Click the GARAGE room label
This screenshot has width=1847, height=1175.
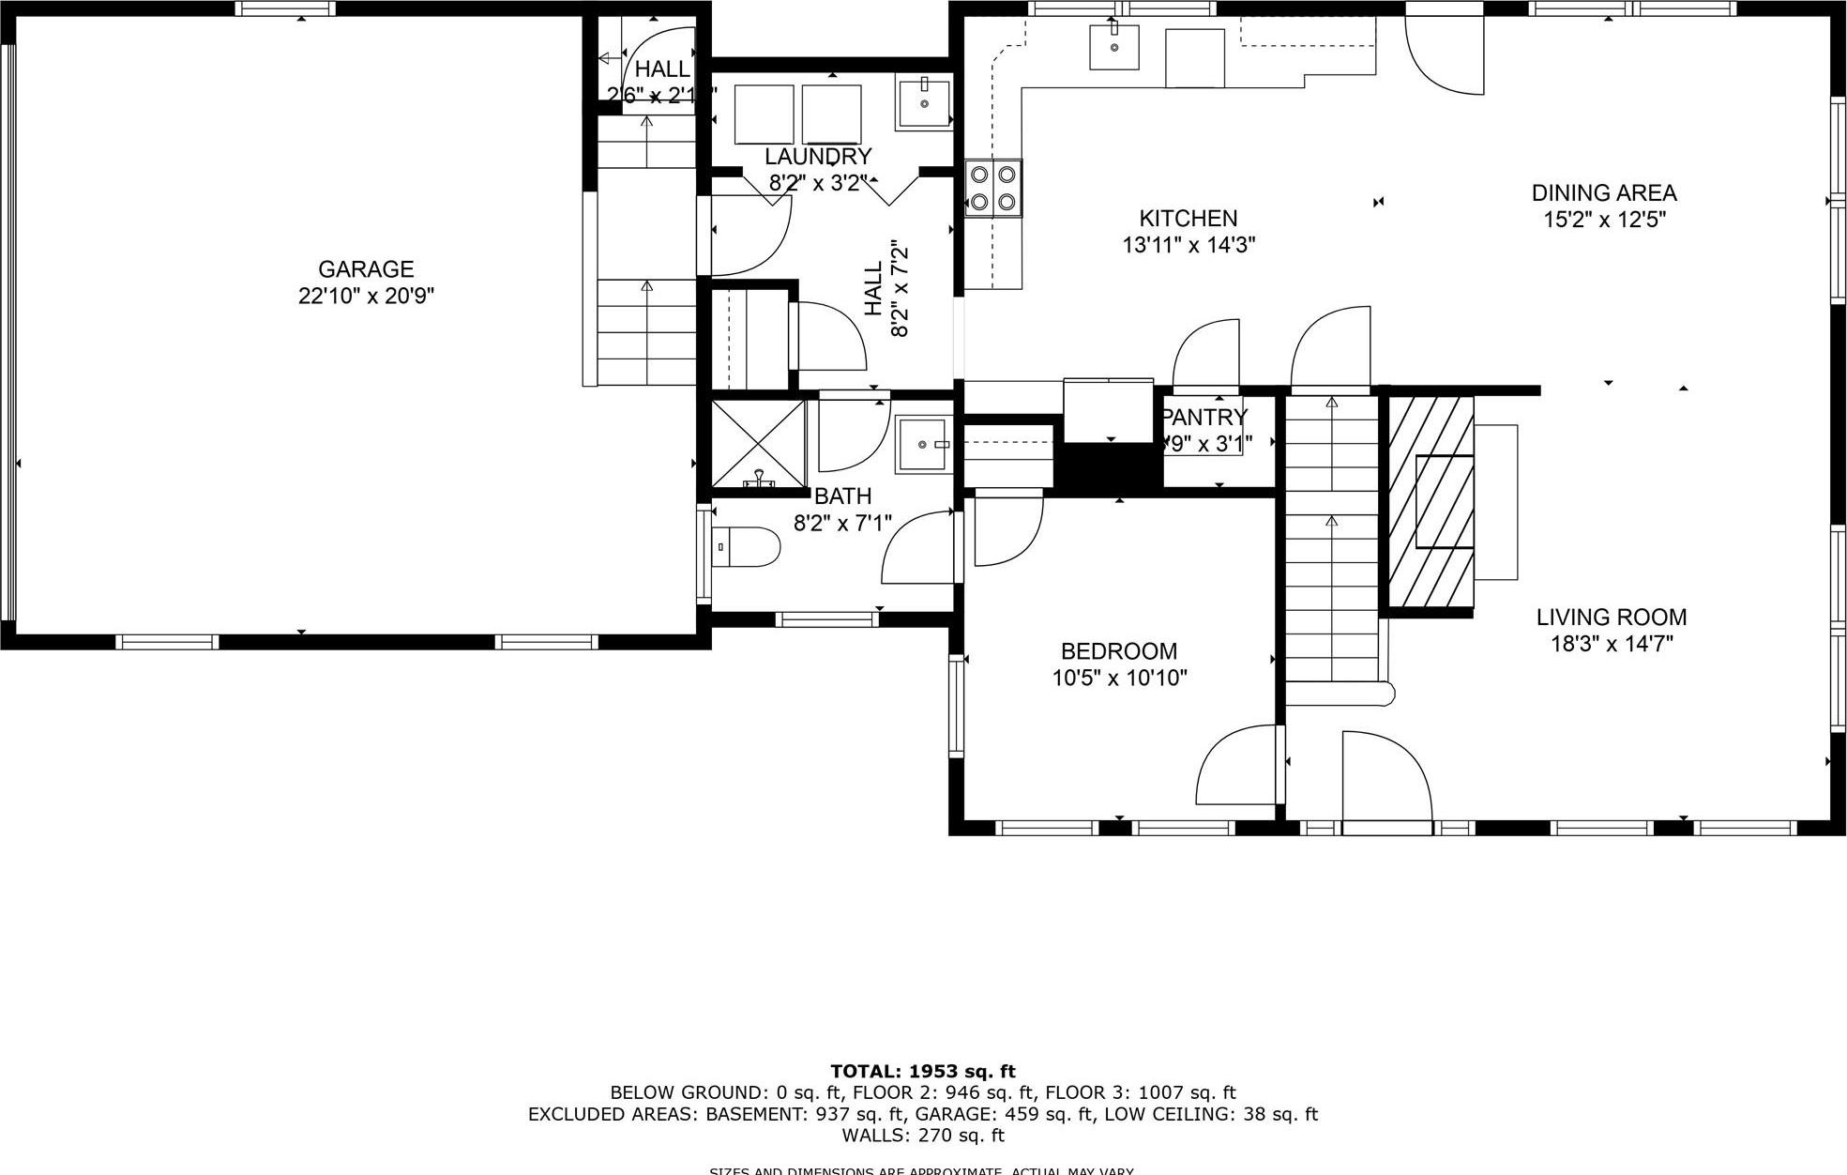coord(366,269)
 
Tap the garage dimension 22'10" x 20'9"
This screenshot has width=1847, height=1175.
coord(366,297)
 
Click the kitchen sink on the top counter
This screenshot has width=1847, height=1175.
coord(1113,47)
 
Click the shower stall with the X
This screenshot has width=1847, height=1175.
coord(758,442)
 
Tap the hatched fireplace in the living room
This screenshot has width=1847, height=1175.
coord(1431,502)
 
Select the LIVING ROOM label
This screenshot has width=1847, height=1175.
coord(1611,618)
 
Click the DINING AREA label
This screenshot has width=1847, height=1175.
coord(1603,193)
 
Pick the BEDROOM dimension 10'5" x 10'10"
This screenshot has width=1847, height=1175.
coord(1119,678)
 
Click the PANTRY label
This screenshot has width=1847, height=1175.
coord(1204,417)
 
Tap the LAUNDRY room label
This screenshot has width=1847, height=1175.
coord(818,157)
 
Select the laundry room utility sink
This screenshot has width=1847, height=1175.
coord(924,103)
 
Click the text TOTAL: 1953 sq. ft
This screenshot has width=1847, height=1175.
coord(922,1071)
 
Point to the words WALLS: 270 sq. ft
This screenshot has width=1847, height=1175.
coord(922,1136)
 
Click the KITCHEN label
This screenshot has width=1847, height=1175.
coord(1188,219)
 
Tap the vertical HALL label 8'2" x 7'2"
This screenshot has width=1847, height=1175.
coord(886,288)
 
